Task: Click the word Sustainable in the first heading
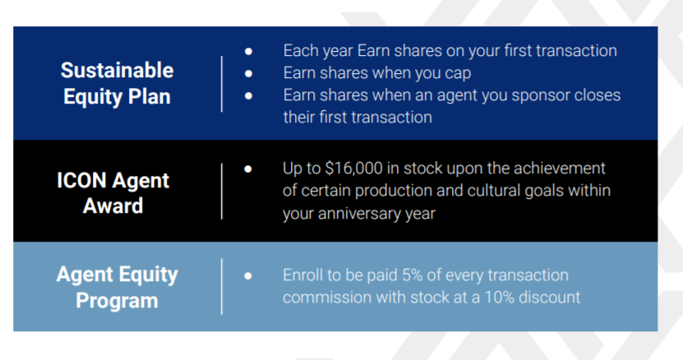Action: (x=118, y=70)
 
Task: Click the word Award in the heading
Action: (x=113, y=205)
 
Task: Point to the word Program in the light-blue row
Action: (x=117, y=301)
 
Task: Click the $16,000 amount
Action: (x=353, y=168)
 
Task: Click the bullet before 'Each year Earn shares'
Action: (x=248, y=52)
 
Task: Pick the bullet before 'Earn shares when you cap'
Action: (x=248, y=74)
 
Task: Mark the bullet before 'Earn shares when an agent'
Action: (x=248, y=96)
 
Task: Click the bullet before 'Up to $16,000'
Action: (x=248, y=168)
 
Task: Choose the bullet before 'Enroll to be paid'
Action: (x=248, y=276)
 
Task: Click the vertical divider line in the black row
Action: (x=222, y=192)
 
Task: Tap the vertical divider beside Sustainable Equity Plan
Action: (x=222, y=84)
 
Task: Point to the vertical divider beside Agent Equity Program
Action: (x=222, y=286)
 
